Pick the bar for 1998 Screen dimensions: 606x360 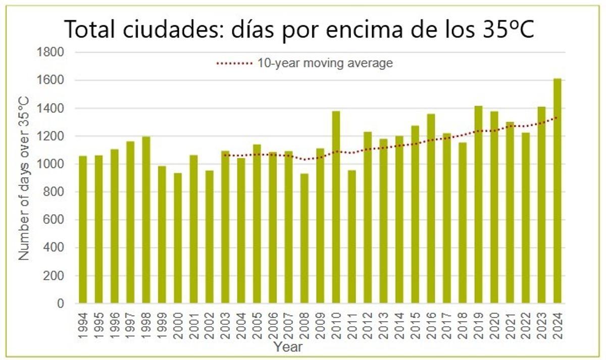pyautogui.click(x=146, y=220)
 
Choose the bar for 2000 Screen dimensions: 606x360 pyautogui.click(x=178, y=238)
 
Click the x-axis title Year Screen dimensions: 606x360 pyautogui.click(x=288, y=347)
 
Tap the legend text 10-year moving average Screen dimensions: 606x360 pyautogui.click(x=325, y=64)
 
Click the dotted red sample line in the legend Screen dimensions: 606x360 pyautogui.click(x=234, y=64)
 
